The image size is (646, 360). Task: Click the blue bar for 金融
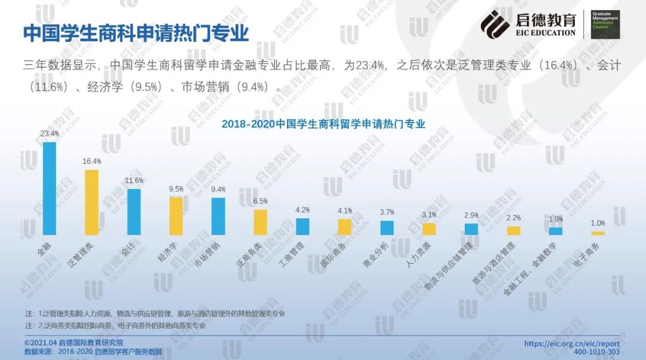pos(50,188)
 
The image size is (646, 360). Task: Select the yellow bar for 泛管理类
pos(92,202)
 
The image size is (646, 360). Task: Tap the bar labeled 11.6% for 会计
pos(134,212)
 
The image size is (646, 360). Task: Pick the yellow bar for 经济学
pos(176,216)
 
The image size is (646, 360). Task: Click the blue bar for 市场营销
pos(218,216)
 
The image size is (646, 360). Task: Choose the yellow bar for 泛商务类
pos(260,222)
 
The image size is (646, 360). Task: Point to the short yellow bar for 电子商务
pos(598,233)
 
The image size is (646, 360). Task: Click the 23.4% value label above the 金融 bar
pos(50,133)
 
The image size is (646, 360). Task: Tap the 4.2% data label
pos(303,210)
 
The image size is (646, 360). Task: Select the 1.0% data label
pos(598,223)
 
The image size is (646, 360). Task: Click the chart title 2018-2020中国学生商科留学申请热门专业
pos(323,124)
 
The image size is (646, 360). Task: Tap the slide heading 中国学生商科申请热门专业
pos(136,33)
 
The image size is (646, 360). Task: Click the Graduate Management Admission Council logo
pos(605,24)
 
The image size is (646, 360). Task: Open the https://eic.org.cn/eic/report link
pos(572,344)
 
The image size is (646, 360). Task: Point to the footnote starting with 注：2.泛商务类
pos(115,326)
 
